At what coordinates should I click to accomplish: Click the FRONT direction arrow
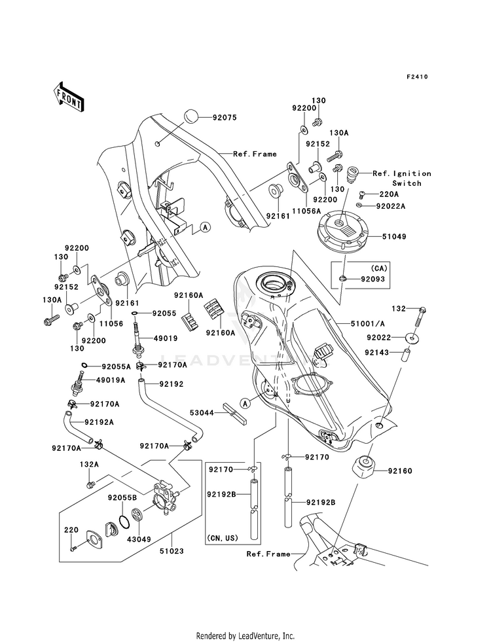(68, 96)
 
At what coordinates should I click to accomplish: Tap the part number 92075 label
(225, 118)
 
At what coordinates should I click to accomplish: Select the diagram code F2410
(417, 77)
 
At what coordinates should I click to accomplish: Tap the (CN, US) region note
(223, 537)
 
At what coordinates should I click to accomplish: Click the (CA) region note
(379, 268)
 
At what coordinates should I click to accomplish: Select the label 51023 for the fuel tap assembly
(172, 551)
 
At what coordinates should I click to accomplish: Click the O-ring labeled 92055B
(125, 522)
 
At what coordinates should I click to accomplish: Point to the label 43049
(139, 539)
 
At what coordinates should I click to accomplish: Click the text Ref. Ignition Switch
(402, 179)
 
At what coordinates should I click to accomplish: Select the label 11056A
(306, 211)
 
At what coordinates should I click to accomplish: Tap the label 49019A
(111, 380)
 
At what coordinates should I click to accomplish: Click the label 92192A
(99, 421)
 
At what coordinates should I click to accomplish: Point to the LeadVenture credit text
(245, 635)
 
